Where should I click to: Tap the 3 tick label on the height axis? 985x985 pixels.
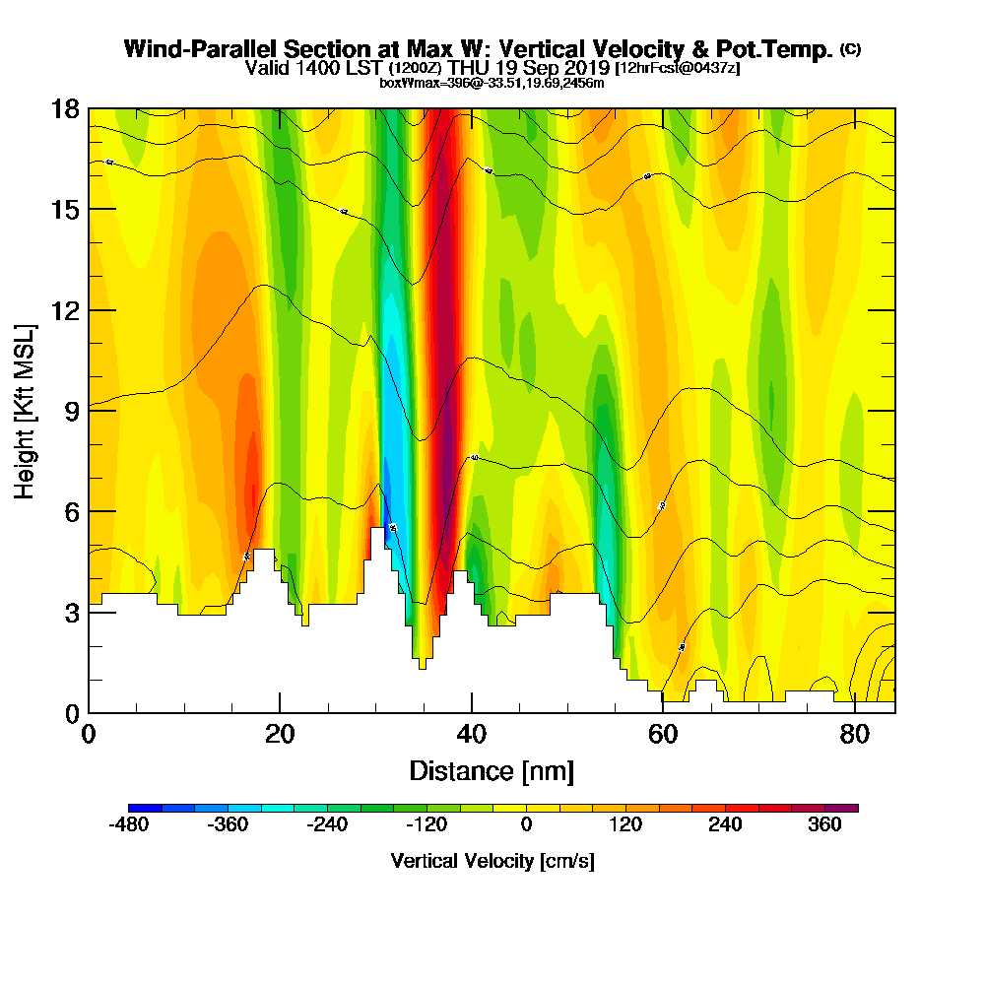[71, 612]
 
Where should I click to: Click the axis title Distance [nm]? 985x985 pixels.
[492, 770]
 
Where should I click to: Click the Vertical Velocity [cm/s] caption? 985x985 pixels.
[492, 861]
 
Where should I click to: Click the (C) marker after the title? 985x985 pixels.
[850, 48]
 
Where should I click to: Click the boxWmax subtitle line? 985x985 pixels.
[492, 83]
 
